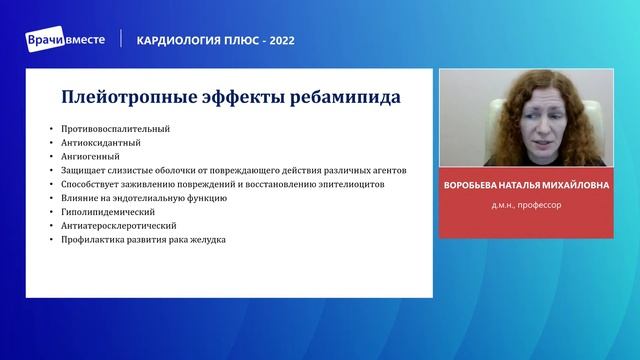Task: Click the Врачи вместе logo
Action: coord(65,39)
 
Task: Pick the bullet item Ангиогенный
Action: coord(90,157)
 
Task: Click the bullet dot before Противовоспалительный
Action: coord(50,130)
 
